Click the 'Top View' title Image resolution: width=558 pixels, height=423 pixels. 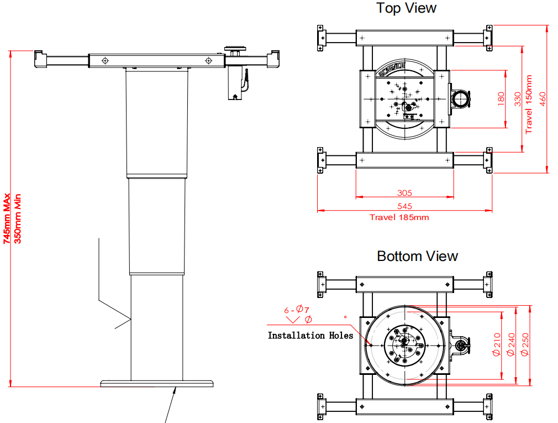point(406,8)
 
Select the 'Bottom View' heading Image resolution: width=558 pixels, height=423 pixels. point(417,257)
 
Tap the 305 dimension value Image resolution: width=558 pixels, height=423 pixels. point(404,193)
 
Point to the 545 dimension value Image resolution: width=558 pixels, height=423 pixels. point(404,206)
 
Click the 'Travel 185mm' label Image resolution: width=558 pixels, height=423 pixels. point(399,217)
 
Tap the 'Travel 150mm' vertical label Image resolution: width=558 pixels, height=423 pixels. point(529,105)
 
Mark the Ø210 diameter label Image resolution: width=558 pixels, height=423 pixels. point(496,344)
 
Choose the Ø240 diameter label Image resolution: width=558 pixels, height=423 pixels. point(510,344)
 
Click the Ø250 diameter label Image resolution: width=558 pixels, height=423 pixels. point(525,344)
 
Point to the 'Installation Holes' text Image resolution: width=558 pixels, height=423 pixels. point(310,335)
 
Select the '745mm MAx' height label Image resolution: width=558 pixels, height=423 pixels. point(7,218)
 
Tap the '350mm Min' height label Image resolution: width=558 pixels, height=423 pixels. point(17,218)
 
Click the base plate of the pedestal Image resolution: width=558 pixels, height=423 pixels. point(157,383)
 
